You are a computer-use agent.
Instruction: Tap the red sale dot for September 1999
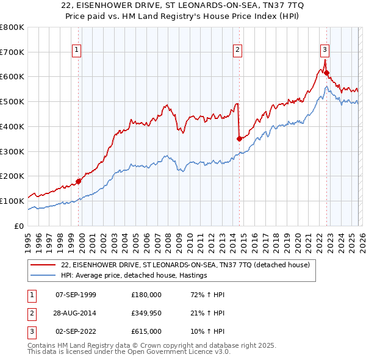coord(79,181)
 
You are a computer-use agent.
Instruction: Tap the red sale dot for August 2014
coord(239,139)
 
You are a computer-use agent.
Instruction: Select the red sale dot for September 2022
coord(326,73)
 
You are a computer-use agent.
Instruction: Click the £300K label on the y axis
coord(12,151)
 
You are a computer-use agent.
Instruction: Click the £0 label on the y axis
coord(18,226)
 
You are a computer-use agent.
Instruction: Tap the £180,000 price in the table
coord(146,295)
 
